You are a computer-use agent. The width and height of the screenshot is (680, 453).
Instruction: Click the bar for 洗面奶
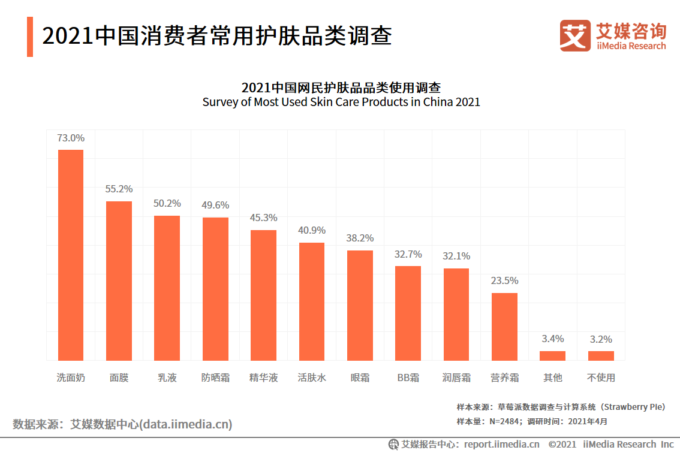[x=70, y=255]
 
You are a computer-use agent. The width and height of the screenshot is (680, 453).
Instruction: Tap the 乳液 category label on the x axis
[x=167, y=377]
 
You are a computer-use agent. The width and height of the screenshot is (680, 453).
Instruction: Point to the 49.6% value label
[x=215, y=205]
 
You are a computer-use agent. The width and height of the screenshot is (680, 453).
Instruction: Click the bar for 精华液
[x=263, y=295]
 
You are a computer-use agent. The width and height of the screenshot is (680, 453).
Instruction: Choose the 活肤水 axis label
[x=312, y=377]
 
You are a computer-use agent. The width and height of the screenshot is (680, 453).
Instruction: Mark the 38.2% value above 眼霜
[x=360, y=238]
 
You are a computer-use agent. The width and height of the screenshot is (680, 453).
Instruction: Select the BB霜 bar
[x=408, y=313]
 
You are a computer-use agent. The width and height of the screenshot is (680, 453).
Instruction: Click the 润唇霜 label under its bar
[x=456, y=377]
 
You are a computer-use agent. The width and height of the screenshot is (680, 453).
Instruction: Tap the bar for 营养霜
[x=504, y=327]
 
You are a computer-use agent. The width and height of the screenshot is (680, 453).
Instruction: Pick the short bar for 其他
[x=552, y=355]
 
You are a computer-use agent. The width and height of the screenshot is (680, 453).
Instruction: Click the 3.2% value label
[x=601, y=339]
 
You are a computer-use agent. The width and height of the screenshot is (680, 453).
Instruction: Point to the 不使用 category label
[x=601, y=377]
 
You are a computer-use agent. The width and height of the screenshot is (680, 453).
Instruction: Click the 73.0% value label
[x=71, y=138]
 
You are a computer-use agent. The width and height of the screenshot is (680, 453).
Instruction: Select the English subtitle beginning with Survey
[x=341, y=102]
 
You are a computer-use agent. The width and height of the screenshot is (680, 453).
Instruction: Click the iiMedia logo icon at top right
[x=575, y=35]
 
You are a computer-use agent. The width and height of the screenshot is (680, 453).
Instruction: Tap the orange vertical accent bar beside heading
[x=30, y=37]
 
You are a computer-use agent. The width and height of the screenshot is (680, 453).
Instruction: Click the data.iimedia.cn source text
[x=185, y=425]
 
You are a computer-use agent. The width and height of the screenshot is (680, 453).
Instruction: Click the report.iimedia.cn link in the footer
[x=501, y=444]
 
